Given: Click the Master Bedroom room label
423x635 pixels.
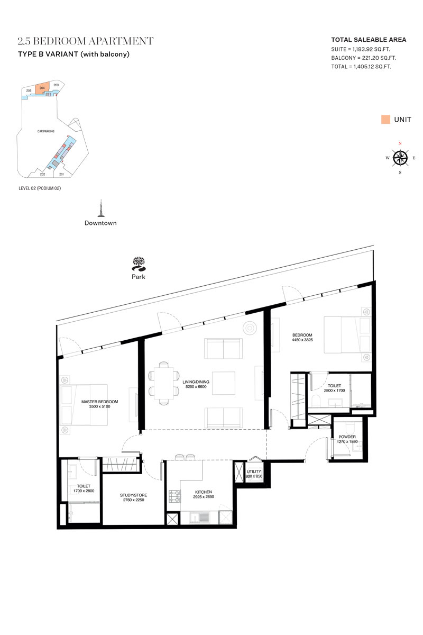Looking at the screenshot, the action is [99, 402].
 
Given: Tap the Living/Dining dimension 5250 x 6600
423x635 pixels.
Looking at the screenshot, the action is [196, 387].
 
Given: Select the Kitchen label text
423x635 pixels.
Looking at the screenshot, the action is [204, 492].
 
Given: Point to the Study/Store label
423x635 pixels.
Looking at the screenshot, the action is [133, 495].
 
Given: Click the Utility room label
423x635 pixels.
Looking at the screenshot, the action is [254, 471].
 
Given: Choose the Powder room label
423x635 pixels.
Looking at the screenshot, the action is [347, 437].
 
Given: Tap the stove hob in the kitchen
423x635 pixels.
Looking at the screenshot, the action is [174, 496].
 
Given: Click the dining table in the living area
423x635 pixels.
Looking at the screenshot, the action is [163, 383].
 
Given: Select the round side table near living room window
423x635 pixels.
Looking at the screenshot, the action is [250, 328].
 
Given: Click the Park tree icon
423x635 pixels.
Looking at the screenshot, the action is [139, 264].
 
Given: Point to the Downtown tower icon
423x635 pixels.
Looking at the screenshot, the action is [100, 208].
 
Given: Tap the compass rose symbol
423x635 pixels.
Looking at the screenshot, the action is [400, 158].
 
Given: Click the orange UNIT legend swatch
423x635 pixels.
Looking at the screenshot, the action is [385, 120].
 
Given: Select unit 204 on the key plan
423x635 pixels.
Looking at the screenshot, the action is [42, 88].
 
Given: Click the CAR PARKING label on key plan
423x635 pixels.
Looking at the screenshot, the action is [46, 131].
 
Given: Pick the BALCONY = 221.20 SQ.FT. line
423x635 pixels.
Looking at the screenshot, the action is [364, 58].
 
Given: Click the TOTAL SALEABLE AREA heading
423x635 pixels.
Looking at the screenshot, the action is [369, 40].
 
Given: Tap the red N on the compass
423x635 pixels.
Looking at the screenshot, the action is [400, 143].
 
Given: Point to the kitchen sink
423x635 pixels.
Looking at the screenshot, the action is [199, 518].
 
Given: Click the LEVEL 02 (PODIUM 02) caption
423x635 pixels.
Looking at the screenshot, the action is [40, 188].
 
